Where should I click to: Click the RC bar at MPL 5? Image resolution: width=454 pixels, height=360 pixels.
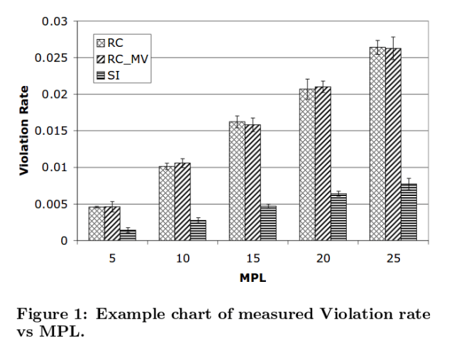point(96,223)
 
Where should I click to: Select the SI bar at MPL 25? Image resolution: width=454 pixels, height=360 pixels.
point(408,212)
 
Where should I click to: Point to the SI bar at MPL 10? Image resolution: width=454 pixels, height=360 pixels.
point(198,230)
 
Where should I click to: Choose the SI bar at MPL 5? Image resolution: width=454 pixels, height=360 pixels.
point(128,235)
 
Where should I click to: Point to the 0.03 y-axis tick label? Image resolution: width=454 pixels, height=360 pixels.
point(54,21)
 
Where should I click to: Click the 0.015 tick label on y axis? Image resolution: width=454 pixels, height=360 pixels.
point(51,131)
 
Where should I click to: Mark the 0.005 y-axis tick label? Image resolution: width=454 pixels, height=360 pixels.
point(51,204)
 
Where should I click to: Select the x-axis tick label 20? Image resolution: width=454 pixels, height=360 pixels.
point(323,259)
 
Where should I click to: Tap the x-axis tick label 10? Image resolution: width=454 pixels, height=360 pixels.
point(182,259)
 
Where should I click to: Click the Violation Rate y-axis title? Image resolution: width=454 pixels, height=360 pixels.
point(24,131)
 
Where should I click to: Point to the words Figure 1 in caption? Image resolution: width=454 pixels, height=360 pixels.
point(51,315)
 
